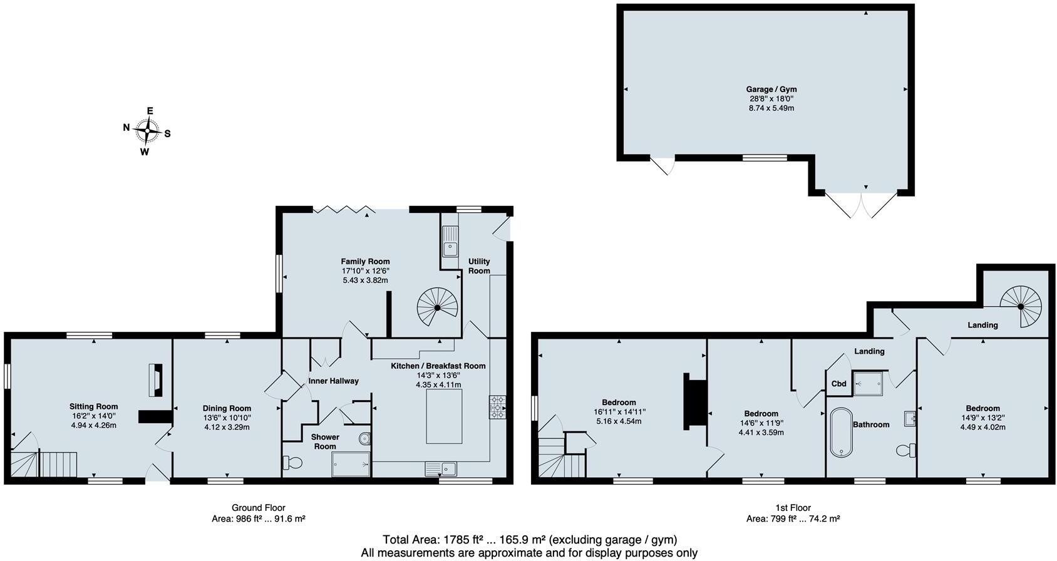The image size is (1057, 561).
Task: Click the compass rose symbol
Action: coord(147,131)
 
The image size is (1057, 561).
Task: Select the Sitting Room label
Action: coord(93,407)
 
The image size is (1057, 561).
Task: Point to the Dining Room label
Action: coord(227,408)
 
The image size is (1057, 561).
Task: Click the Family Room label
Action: coord(365,262)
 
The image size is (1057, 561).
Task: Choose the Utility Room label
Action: coord(479,266)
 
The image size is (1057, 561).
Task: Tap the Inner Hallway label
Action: coord(333,381)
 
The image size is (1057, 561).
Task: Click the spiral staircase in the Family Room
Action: coord(438,307)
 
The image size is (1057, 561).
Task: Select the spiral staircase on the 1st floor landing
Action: coord(1020,306)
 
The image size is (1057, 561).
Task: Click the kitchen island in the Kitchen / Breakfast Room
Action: coord(444,416)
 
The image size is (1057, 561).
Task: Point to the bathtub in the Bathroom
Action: coord(840,433)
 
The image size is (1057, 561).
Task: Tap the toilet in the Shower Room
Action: coord(292,463)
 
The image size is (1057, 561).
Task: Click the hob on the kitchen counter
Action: coord(497,406)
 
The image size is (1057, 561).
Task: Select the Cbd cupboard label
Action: coord(839,384)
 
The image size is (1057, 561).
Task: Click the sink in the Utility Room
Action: coord(450,240)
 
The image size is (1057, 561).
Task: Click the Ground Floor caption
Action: coord(258,508)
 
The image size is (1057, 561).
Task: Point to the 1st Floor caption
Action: coord(793,508)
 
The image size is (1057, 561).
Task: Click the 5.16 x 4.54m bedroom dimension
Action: coord(619,421)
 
